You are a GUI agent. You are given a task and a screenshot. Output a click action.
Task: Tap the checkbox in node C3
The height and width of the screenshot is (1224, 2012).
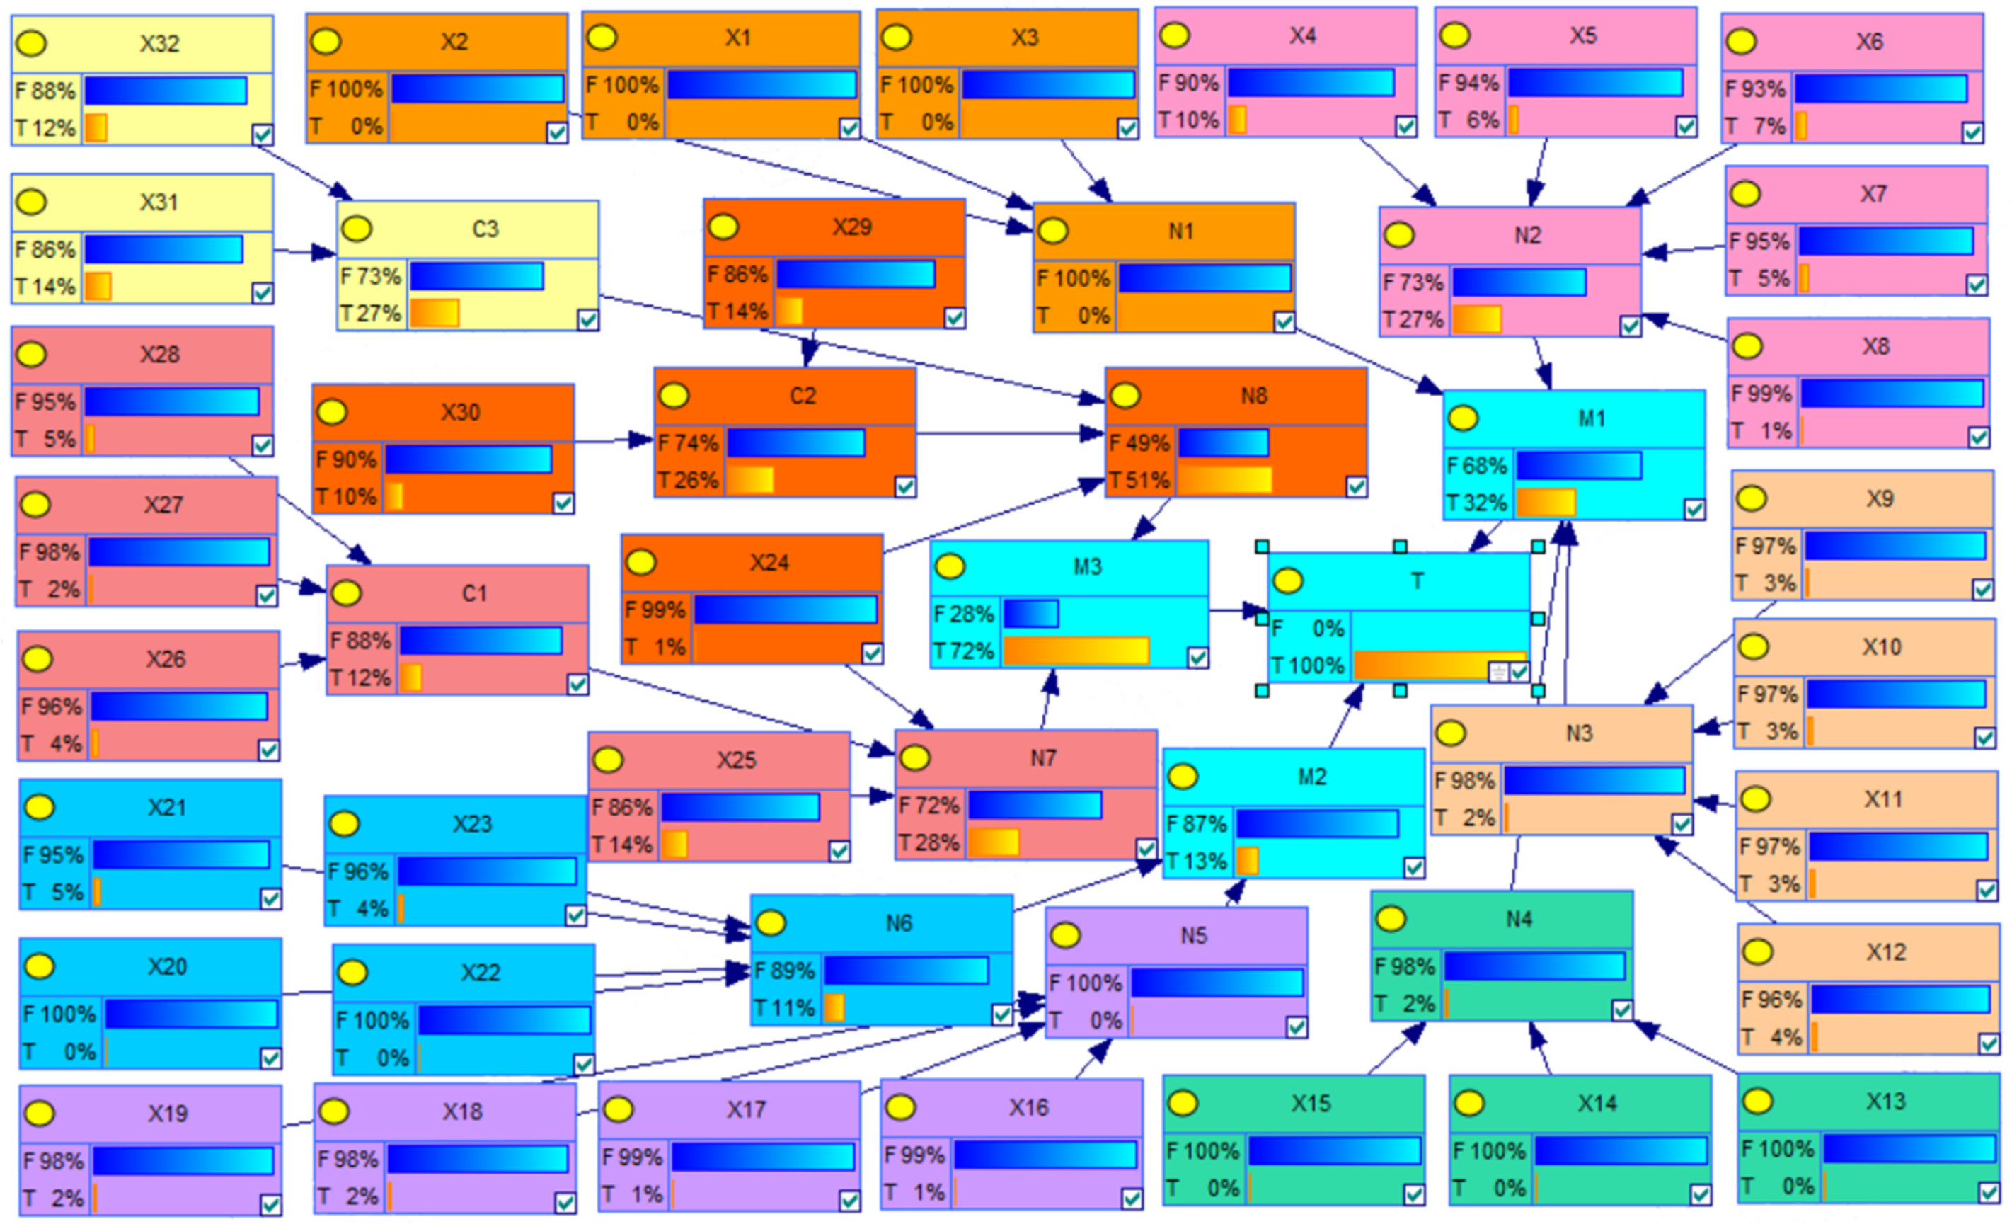(587, 319)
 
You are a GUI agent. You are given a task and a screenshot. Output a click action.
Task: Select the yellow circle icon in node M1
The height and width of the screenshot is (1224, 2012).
(1462, 418)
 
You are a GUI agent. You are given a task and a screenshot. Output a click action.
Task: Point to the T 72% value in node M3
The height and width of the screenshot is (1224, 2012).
(965, 651)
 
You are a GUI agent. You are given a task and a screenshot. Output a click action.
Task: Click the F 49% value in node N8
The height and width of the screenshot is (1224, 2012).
(1140, 443)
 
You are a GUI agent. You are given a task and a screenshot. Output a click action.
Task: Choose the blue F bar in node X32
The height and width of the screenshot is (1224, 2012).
(166, 91)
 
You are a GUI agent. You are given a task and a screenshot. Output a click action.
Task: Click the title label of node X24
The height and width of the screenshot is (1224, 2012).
(769, 563)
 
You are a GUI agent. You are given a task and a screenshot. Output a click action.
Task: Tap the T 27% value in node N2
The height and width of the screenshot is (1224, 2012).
(1413, 319)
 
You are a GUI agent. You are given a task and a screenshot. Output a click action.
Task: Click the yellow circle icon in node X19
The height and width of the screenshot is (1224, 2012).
(39, 1113)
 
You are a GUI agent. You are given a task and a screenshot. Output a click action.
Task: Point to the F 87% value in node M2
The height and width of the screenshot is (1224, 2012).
(1197, 824)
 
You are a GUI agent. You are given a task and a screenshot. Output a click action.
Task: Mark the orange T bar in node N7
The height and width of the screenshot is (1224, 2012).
(994, 842)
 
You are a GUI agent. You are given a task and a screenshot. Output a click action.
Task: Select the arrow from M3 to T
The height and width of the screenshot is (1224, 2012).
(1238, 610)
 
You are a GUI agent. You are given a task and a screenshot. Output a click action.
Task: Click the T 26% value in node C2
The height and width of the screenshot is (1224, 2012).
(689, 480)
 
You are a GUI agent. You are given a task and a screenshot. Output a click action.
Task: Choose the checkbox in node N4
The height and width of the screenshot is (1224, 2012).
(1621, 1010)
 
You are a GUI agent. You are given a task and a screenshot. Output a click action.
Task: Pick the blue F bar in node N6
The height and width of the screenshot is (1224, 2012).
(907, 970)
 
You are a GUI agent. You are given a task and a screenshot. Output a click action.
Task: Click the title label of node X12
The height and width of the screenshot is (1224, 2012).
(1885, 952)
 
